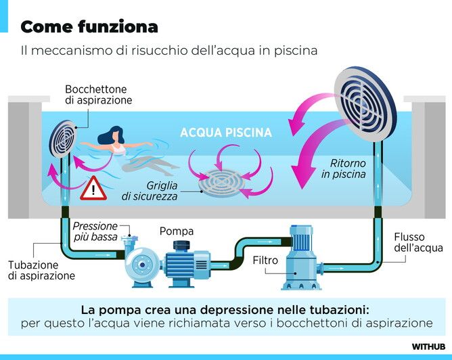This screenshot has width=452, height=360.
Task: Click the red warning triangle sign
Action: (93, 189)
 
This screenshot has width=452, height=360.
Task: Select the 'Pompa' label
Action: (177, 231)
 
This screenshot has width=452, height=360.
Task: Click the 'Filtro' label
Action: (265, 261)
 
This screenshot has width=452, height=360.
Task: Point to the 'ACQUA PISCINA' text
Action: (226, 133)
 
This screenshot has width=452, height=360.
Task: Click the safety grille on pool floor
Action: (221, 183)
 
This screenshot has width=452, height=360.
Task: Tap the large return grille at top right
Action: (365, 104)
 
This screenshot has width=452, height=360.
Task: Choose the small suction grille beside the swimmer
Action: (62, 139)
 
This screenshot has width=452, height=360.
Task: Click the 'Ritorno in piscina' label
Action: (344, 168)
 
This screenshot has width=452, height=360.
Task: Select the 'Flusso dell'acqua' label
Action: (418, 242)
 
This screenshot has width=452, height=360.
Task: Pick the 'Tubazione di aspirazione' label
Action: (41, 270)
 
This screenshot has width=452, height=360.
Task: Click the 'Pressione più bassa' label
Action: (95, 231)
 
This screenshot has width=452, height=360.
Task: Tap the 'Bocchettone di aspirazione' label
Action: (99, 95)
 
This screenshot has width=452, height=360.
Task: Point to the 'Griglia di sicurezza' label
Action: (150, 191)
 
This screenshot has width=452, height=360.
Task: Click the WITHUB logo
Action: (428, 346)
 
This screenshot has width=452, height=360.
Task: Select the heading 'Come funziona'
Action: (89, 27)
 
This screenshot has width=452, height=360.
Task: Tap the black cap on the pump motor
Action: (181, 246)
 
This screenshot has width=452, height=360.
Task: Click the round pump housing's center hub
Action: (142, 265)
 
